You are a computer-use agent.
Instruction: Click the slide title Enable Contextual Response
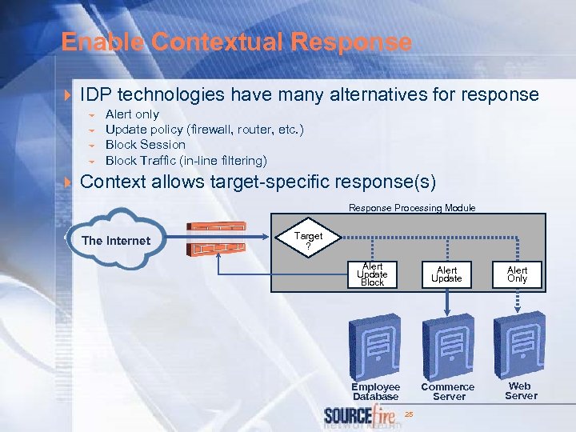tap(236, 42)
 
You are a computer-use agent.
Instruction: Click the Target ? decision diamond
tap(308, 239)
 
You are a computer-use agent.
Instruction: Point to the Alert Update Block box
tap(372, 274)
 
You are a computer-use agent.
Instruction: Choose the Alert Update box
tap(446, 274)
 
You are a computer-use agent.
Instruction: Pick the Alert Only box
tap(518, 274)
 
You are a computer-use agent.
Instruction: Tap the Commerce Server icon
tap(448, 345)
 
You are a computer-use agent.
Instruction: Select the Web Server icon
tap(519, 340)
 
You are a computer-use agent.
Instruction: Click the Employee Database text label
tap(375, 391)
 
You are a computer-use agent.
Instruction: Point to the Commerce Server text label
tap(448, 391)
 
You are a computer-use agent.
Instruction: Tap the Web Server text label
tap(520, 390)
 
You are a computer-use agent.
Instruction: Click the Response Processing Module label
tap(411, 208)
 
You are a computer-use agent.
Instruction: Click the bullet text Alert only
tap(132, 114)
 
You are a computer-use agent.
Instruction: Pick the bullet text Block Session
tap(145, 145)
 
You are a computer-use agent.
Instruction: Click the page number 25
tap(409, 414)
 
